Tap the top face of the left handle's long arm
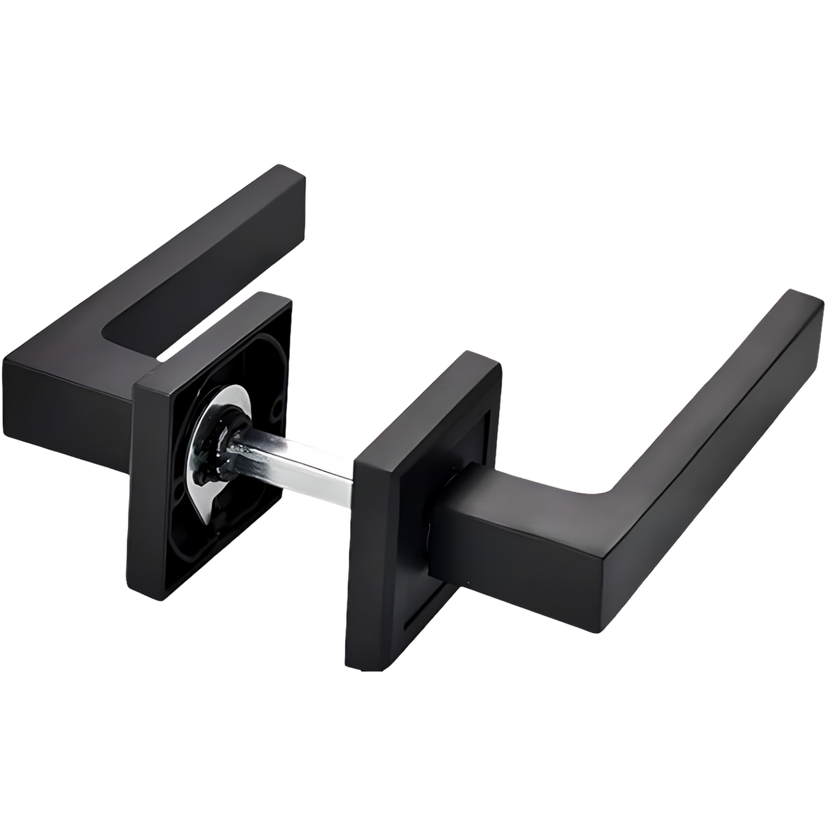[x=191, y=246]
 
